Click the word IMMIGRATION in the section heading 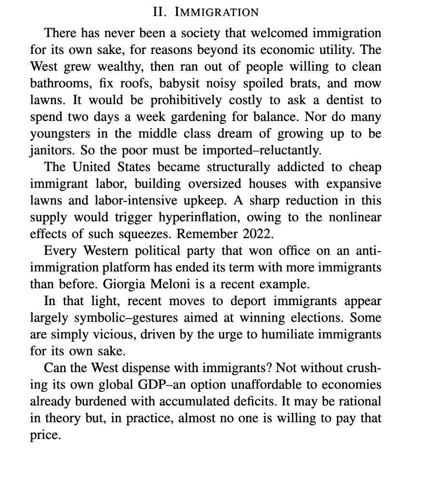(x=216, y=12)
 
